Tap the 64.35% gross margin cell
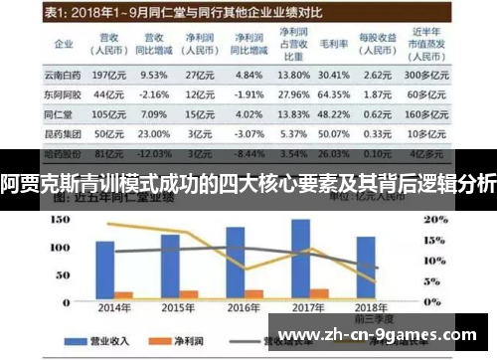pyautogui.click(x=334, y=94)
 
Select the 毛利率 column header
pyautogui.click(x=334, y=46)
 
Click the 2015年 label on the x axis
pyautogui.click(x=179, y=307)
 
